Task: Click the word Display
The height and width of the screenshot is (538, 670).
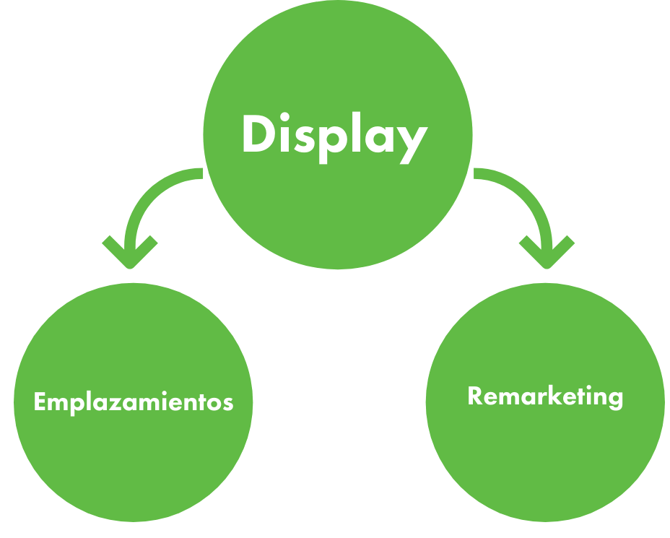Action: tap(334, 136)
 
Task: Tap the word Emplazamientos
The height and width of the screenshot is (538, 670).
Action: tap(134, 402)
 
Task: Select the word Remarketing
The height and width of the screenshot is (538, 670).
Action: tap(545, 396)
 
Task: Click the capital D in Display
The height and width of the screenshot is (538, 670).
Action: tap(258, 135)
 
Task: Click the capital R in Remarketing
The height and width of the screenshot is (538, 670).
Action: tap(475, 396)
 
